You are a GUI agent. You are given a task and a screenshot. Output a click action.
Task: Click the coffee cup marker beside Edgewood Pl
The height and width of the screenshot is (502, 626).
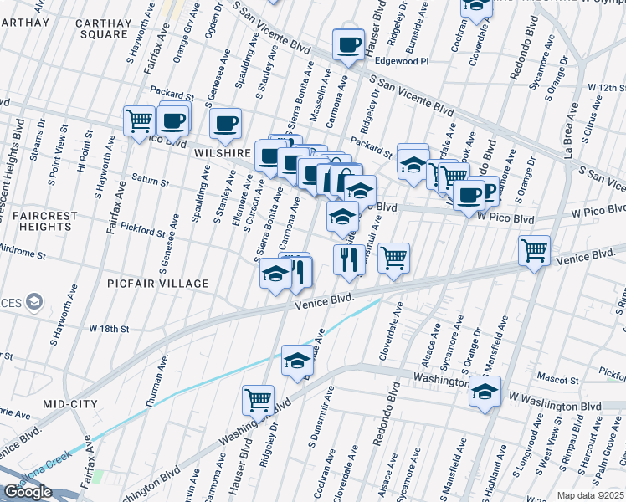(x=347, y=44)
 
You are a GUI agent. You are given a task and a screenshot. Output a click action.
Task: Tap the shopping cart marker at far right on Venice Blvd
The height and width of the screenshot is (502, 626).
(x=534, y=249)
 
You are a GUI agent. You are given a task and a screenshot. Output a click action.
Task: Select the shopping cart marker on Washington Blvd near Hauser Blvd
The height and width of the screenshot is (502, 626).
(x=259, y=399)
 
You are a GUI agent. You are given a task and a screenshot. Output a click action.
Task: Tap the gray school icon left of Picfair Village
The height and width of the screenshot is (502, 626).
(x=34, y=300)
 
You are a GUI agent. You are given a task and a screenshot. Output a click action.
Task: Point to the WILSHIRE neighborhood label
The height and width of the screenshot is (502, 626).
(x=223, y=154)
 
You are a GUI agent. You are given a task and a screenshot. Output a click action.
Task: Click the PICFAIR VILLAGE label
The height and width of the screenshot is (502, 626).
(x=157, y=284)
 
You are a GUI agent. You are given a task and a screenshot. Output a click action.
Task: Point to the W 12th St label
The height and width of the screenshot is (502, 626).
(x=606, y=87)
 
